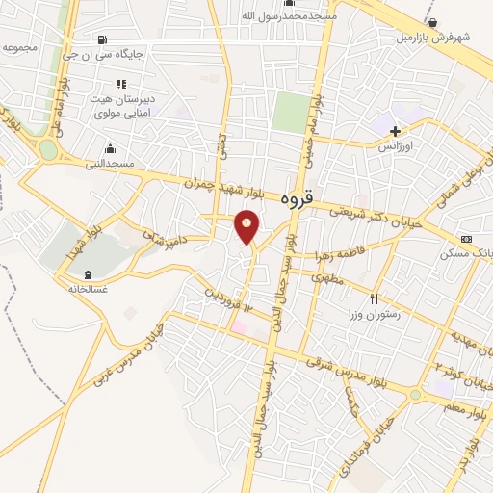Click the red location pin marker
(x=247, y=226)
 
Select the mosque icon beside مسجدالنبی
(x=111, y=148)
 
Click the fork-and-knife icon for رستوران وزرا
(x=375, y=298)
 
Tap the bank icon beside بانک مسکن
(x=467, y=239)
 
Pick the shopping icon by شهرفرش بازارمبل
(x=432, y=22)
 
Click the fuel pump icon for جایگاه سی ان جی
(x=102, y=39)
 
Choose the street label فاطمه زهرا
(x=337, y=256)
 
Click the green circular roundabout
(x=48, y=150)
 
